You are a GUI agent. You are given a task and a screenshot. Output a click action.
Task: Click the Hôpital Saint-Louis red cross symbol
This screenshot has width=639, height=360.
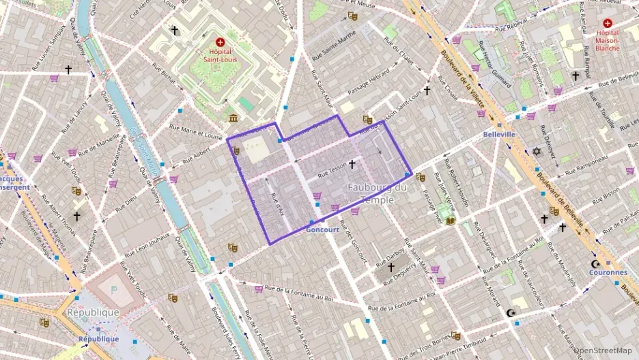[220, 42]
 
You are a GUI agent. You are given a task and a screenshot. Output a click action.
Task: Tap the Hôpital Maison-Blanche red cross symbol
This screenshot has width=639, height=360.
[608, 23]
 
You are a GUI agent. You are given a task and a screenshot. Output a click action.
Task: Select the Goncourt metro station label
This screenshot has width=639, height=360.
[323, 230]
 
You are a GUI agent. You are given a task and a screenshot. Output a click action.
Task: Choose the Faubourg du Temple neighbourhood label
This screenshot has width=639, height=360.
[377, 193]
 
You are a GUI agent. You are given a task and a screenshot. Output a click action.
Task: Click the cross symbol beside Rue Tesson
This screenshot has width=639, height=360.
[352, 164]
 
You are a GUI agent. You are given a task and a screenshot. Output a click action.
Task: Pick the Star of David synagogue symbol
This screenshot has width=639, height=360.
[537, 150]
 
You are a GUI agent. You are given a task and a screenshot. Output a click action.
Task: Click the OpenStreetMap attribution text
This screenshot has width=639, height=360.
[603, 350]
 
